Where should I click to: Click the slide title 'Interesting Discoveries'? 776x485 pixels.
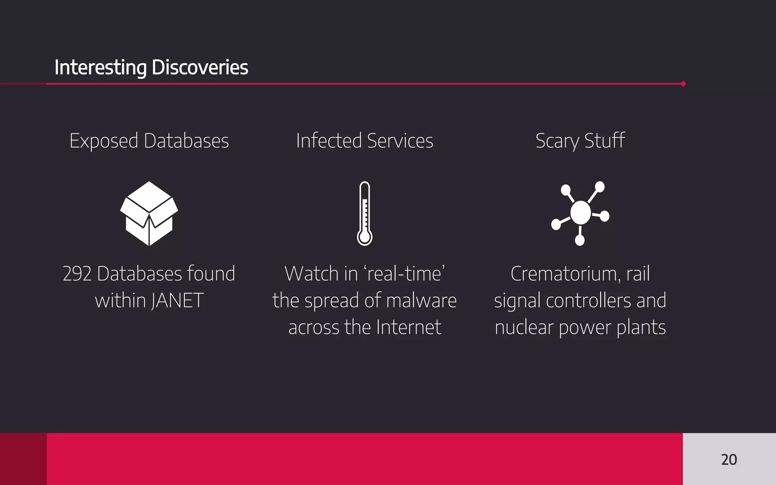click(151, 67)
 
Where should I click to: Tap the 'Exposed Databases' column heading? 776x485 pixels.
click(149, 141)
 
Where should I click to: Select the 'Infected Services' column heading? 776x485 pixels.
click(365, 141)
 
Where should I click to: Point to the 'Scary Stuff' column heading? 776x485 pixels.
click(580, 141)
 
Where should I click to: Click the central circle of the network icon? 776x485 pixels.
click(580, 213)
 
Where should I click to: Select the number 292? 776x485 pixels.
click(77, 274)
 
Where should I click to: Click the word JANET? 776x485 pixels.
click(177, 301)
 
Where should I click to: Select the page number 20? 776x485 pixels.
click(729, 460)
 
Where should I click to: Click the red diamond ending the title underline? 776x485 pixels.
click(683, 84)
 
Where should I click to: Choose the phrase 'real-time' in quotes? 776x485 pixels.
click(404, 274)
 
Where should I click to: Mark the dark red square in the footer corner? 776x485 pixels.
click(23, 459)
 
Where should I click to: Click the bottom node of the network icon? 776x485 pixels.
click(580, 240)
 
